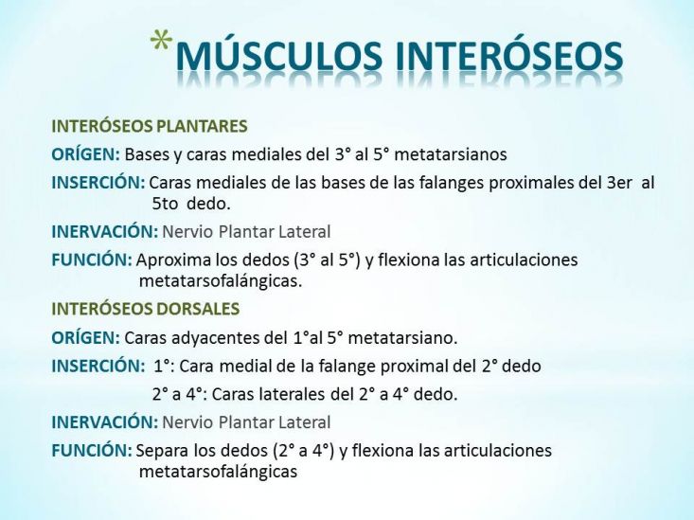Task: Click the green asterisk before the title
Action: [161, 41]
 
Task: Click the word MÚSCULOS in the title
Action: [279, 56]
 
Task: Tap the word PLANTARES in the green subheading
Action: [203, 126]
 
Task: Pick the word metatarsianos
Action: [450, 154]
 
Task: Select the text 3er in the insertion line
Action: [619, 183]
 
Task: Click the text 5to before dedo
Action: [165, 204]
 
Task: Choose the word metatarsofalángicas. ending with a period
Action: [221, 281]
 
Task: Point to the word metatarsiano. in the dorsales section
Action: [402, 338]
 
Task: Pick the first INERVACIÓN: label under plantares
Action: [105, 232]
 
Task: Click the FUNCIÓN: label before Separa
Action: [92, 451]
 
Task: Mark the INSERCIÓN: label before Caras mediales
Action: [98, 183]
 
